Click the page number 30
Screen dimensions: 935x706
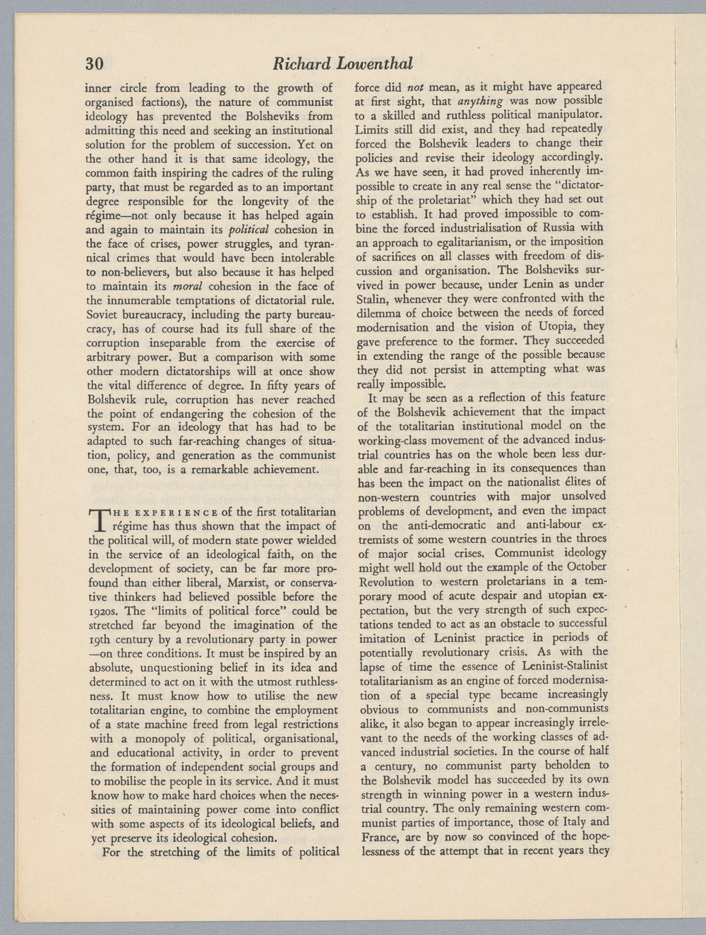(x=95, y=64)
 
